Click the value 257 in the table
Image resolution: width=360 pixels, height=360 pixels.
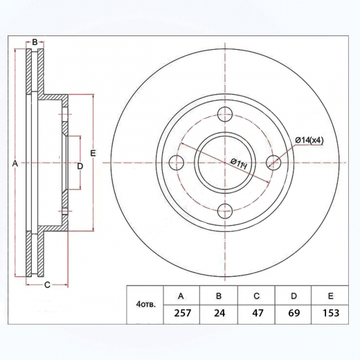181,314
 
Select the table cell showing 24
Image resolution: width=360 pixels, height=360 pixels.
219,314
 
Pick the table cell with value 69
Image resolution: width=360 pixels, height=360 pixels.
294,314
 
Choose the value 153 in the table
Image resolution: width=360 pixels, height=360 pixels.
331,314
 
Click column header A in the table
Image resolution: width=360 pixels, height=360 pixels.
181,296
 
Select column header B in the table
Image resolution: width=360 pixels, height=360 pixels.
219,296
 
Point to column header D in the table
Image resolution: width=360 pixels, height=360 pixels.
294,296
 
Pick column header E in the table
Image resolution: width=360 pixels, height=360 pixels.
331,296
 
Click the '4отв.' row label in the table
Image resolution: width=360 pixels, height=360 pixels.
146,305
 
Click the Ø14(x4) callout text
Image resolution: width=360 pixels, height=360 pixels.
309,141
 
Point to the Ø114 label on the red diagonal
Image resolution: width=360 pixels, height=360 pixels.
238,163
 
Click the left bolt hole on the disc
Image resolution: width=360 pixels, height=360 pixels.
177,163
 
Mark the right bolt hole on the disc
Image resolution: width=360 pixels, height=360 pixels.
274,163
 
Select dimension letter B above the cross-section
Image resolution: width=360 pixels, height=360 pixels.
35,43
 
